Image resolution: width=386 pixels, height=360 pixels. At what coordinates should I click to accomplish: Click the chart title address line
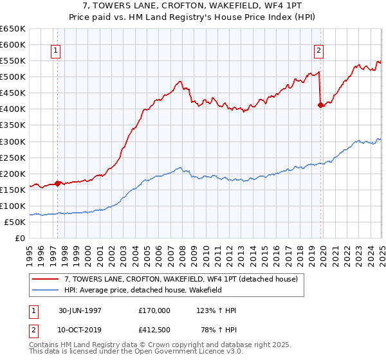tap(193, 6)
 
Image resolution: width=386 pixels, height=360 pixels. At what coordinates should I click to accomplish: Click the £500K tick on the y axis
tap(13, 76)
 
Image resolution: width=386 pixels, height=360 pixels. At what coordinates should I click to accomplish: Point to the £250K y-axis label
tap(13, 157)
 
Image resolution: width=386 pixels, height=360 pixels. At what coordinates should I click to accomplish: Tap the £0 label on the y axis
tap(19, 238)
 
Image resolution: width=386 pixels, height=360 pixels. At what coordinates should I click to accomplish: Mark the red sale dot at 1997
tap(58, 183)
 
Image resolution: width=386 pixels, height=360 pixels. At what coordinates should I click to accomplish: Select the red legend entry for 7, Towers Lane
tap(181, 279)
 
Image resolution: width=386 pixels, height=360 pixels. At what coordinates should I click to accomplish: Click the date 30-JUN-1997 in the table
tap(78, 310)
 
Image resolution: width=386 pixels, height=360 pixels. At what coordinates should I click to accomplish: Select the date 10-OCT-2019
tap(78, 329)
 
